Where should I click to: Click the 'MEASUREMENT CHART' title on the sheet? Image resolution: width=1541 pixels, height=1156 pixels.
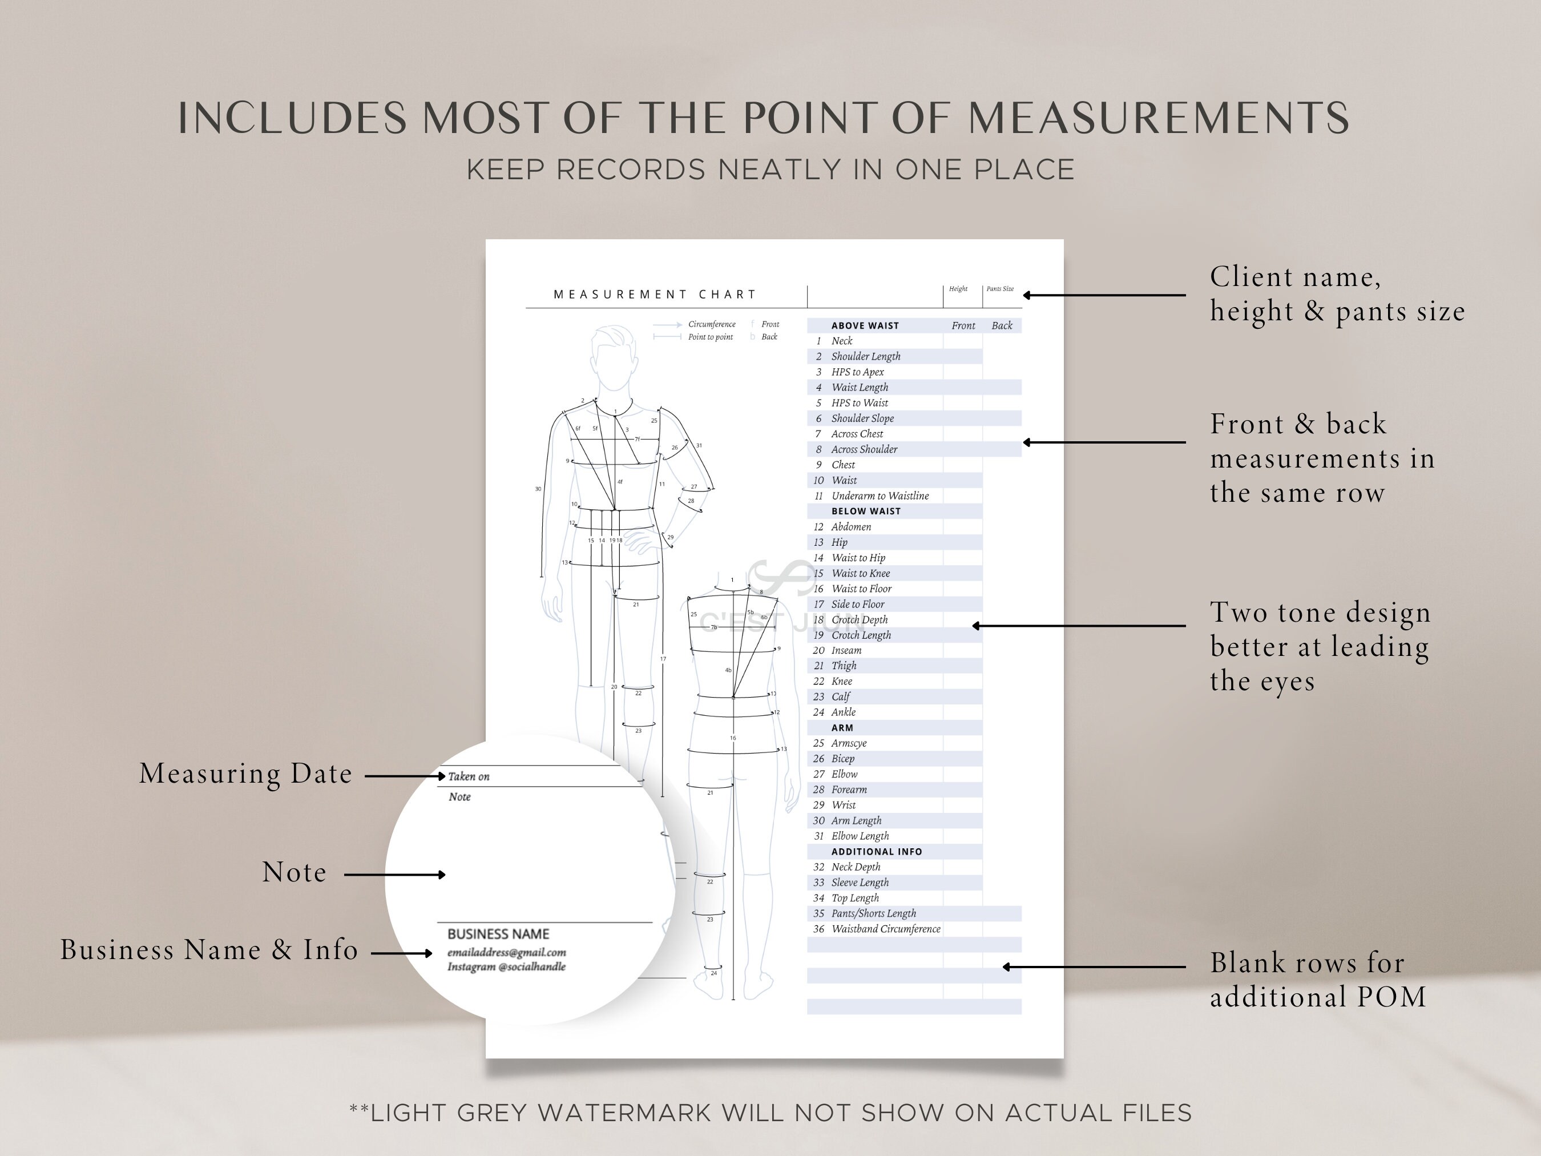tap(654, 295)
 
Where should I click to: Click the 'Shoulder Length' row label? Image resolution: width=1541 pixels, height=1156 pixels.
tap(865, 357)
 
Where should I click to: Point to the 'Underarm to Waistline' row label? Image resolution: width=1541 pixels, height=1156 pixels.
tap(880, 496)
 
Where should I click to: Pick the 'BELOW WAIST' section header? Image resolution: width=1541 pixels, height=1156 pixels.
tap(866, 511)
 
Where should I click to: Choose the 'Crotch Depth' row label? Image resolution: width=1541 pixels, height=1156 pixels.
tap(859, 620)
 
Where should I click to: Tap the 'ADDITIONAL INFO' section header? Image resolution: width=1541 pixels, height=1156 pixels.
tap(877, 852)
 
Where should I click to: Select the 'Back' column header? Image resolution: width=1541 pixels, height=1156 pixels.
tap(1002, 326)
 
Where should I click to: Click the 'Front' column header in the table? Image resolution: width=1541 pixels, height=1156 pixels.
tap(963, 326)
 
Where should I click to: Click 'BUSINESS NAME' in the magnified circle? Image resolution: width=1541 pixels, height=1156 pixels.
tap(498, 935)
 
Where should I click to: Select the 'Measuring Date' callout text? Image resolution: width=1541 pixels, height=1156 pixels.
tap(245, 774)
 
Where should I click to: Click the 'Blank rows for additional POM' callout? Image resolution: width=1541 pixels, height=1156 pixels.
tap(1317, 980)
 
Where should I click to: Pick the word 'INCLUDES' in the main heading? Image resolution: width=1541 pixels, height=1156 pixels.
tap(293, 119)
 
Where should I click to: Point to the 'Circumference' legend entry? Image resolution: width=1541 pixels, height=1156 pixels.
tap(711, 325)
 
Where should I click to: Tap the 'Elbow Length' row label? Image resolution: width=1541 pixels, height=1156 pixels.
tap(860, 836)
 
